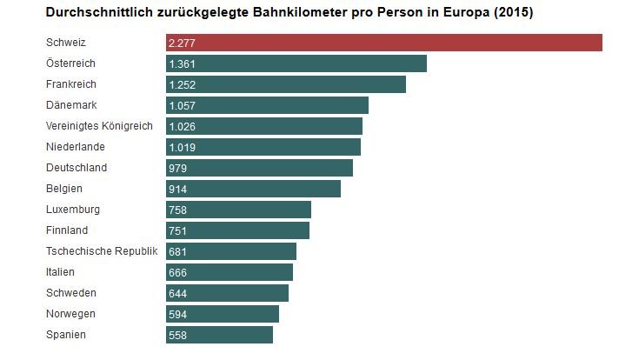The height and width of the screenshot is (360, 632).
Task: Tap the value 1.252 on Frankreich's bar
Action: (x=183, y=84)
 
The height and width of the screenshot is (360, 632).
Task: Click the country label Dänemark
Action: (x=70, y=105)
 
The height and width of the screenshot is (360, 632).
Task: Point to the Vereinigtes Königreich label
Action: (x=99, y=126)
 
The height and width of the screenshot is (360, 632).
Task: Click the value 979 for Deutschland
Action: (x=178, y=168)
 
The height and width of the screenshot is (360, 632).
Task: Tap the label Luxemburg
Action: (x=73, y=210)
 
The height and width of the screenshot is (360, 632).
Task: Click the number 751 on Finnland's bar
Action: (x=178, y=230)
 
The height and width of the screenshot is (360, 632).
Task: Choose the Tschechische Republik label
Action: (x=102, y=251)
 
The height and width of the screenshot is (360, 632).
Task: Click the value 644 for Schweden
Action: (x=178, y=293)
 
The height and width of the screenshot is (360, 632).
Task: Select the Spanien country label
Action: (x=66, y=335)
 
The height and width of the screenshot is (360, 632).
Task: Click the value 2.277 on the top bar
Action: (x=183, y=43)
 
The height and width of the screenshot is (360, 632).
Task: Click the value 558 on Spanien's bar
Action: (x=178, y=335)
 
